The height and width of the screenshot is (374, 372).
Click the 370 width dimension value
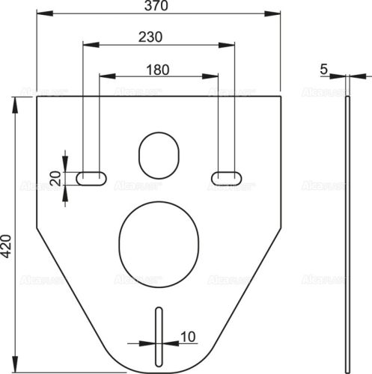coord(158,6)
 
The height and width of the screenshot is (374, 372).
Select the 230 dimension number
coord(152,37)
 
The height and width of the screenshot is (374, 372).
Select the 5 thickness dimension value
coord(323,69)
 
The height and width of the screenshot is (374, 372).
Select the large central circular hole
coord(159,239)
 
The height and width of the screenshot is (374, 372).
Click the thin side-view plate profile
coord(347,224)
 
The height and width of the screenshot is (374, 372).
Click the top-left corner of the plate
coord(37,97)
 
